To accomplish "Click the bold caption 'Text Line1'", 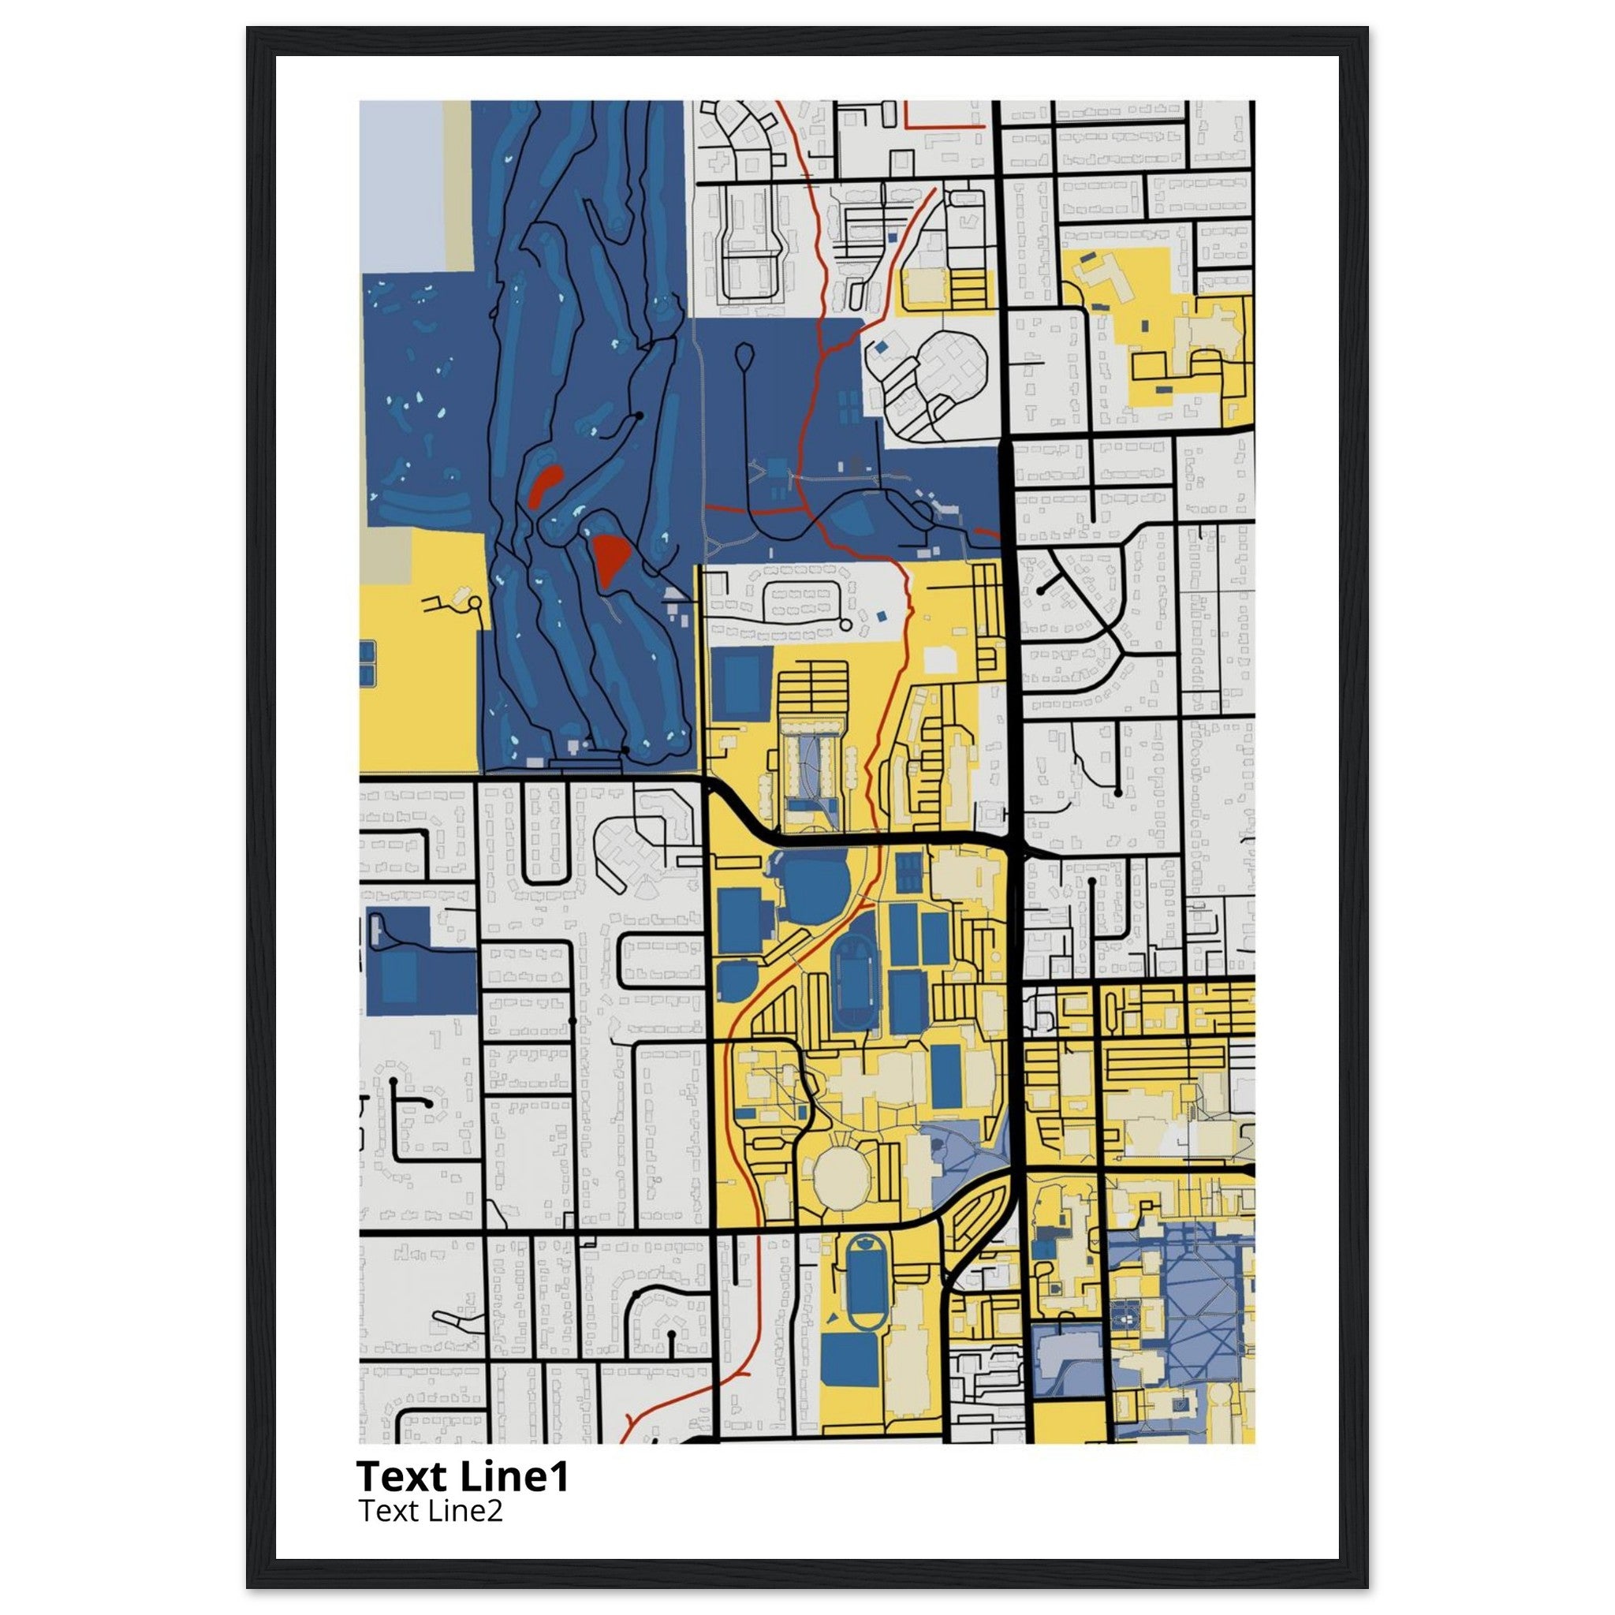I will tap(462, 1476).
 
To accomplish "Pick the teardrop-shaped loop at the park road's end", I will tap(743, 358).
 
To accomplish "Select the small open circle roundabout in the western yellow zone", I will tap(475, 602).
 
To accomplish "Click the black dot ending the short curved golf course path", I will tap(640, 416).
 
